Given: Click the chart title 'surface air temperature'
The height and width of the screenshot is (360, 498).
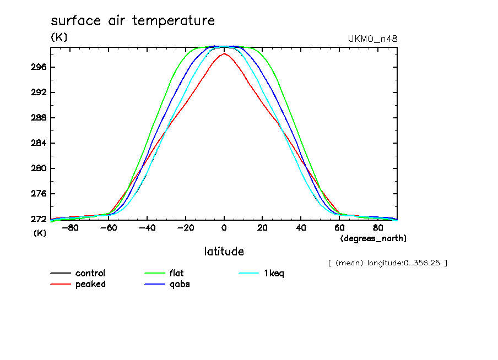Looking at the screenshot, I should coord(133,21).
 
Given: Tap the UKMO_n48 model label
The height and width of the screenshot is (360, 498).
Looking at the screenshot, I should coord(373,39).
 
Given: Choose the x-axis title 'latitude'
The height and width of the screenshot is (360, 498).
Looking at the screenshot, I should coord(224,252).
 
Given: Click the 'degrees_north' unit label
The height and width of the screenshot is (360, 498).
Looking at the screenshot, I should coord(373,238).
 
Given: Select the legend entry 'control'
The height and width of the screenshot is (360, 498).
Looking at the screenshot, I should coord(90,273).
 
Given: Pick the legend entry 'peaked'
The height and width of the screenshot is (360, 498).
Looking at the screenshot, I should coord(90,284).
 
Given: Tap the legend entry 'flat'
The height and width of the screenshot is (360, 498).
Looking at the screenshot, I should coord(177,273).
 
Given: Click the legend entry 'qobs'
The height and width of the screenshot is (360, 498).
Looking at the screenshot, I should coord(180,284).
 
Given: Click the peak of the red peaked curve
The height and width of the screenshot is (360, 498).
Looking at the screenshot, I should coord(224,53).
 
